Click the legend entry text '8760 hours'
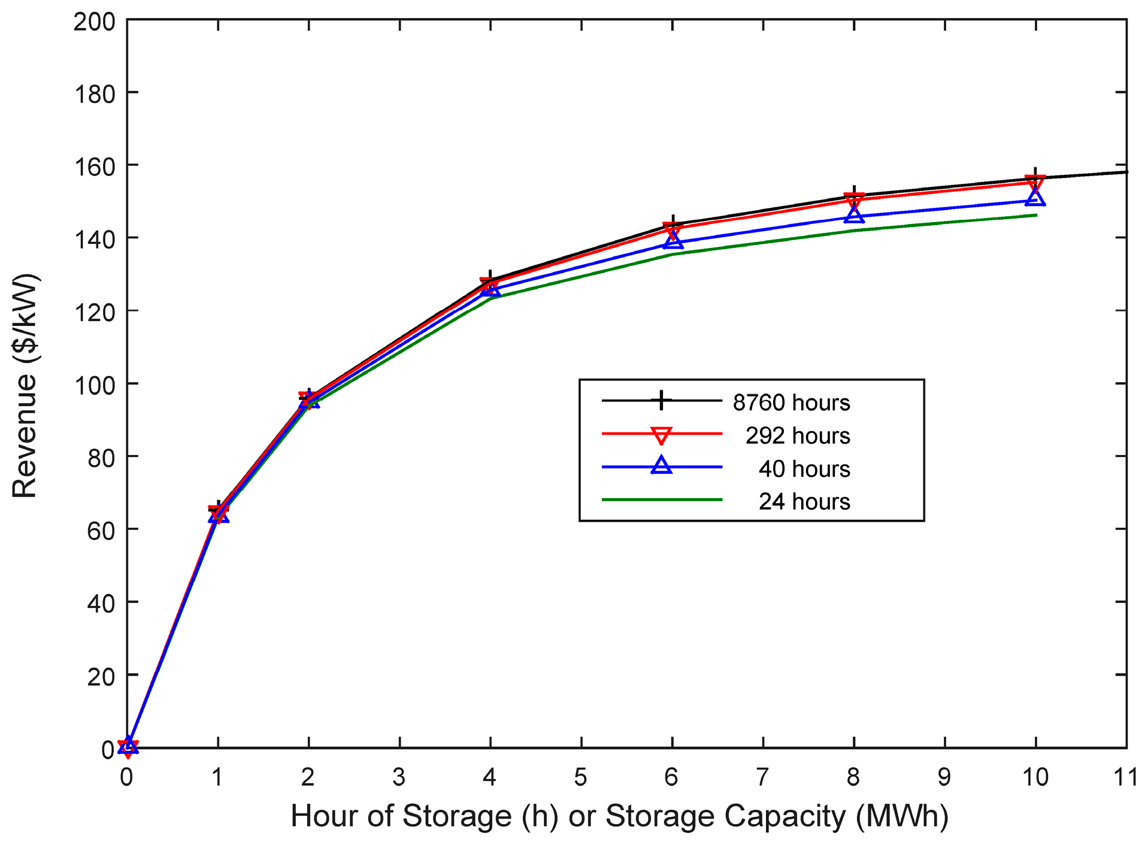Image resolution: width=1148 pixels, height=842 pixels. click(x=791, y=402)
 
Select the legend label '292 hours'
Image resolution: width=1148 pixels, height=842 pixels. click(x=798, y=435)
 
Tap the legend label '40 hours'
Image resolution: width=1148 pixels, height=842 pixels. click(x=804, y=468)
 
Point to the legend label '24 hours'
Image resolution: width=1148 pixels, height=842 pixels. click(x=804, y=501)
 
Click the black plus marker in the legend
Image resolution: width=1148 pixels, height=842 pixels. click(x=661, y=400)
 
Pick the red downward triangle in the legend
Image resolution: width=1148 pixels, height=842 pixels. click(x=661, y=435)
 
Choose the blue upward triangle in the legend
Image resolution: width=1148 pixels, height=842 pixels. click(x=661, y=465)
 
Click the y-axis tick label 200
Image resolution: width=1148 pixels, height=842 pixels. click(x=94, y=22)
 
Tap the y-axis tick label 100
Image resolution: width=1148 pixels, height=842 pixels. click(x=94, y=384)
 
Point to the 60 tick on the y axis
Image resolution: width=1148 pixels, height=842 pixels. click(x=101, y=530)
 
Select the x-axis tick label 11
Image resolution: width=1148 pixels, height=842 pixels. click(x=1126, y=777)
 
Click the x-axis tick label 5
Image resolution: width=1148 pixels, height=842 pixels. click(x=580, y=777)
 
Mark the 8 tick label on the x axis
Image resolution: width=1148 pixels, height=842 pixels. click(x=853, y=777)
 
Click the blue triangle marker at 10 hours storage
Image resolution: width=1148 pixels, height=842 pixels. click(x=1035, y=197)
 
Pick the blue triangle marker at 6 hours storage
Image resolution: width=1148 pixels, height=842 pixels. click(x=673, y=240)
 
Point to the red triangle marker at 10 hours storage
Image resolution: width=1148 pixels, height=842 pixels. click(x=1035, y=182)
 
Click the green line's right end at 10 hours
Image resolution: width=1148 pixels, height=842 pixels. click(x=1035, y=215)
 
